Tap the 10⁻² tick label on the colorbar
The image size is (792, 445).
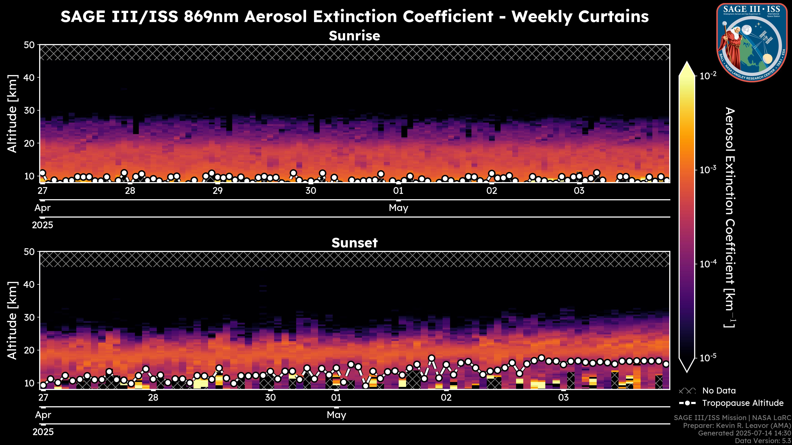708,76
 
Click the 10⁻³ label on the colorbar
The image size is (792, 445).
708,170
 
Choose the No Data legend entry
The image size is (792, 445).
719,391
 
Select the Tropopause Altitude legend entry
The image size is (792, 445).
742,403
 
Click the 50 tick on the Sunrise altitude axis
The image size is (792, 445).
30,45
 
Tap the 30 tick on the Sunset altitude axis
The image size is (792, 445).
30,317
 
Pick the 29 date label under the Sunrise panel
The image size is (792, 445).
218,191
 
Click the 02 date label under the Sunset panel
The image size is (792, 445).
446,398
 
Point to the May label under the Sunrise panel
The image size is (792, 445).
398,208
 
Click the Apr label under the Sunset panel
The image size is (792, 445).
43,415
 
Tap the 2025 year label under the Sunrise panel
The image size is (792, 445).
42,225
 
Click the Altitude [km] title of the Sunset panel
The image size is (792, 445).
12,320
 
